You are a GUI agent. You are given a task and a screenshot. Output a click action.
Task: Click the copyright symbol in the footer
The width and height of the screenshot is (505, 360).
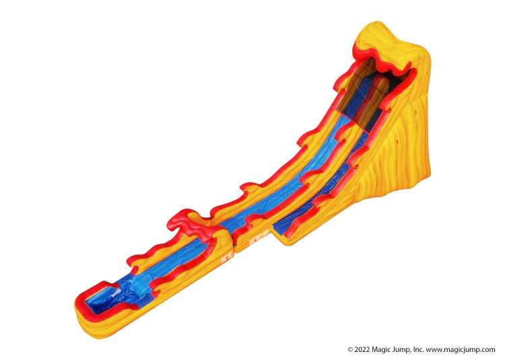coord(350,350)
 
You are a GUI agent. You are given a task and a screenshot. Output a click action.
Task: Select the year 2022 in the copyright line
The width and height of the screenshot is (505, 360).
coord(362,350)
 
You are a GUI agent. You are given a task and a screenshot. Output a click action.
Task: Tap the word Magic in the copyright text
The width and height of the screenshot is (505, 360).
coord(380,350)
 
